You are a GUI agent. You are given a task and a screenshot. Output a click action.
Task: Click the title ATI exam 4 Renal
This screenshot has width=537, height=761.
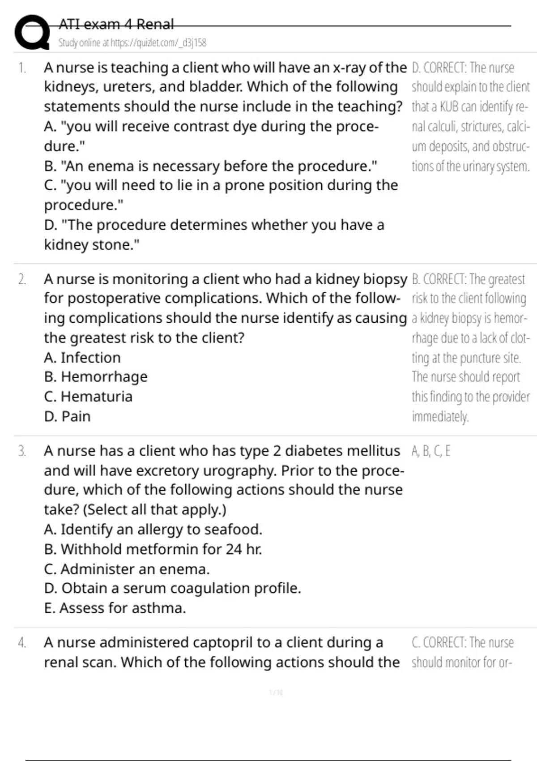116,24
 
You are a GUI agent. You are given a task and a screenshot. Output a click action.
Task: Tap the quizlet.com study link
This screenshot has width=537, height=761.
132,43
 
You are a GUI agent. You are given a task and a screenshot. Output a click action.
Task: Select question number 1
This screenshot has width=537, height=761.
22,68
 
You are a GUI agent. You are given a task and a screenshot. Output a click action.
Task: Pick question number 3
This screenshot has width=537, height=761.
22,451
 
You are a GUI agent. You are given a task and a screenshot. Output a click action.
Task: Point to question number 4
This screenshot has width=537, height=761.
22,643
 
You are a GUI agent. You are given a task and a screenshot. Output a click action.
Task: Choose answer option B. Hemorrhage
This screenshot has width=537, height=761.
96,377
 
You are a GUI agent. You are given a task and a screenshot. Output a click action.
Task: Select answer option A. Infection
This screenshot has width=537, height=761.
82,358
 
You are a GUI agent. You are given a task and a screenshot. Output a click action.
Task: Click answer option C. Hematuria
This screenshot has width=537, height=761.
88,397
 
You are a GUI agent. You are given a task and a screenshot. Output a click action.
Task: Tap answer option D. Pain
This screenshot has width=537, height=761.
67,416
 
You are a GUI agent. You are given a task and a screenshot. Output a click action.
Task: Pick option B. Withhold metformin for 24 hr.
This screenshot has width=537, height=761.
153,549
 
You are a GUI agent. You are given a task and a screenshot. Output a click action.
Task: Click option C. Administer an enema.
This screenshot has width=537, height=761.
127,569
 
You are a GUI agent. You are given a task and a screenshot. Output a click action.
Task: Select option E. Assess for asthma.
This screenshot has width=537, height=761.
115,608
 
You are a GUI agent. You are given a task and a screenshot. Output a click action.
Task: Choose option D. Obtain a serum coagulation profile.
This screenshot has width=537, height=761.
172,588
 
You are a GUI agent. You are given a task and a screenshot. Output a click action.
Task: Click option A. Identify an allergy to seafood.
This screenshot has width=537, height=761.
153,530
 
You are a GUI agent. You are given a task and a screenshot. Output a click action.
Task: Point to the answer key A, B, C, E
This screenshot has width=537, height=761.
430,451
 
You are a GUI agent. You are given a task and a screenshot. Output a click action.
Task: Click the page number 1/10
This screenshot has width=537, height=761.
276,693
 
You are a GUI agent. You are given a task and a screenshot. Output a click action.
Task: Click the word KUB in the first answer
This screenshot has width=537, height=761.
449,107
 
